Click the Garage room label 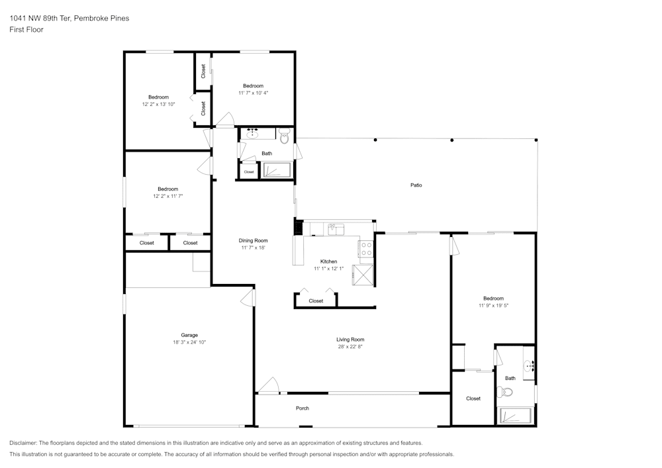pos(189,335)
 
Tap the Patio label pos(416,185)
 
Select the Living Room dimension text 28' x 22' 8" pos(350,346)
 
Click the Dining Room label pos(253,240)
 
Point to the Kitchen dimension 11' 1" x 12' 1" pos(328,268)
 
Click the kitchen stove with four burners pos(366,248)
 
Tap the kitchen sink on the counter pos(336,229)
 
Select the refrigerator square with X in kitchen pos(363,275)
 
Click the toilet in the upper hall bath pos(285,136)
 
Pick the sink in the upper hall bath pos(252,134)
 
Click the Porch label pos(303,408)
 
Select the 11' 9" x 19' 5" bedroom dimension pos(493,306)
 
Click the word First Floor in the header pos(26,30)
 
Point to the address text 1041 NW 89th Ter pos(40,18)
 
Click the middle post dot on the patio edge pos(451,140)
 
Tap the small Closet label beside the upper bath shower pos(249,171)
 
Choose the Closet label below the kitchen pos(316,301)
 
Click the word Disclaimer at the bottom pos(23,443)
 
